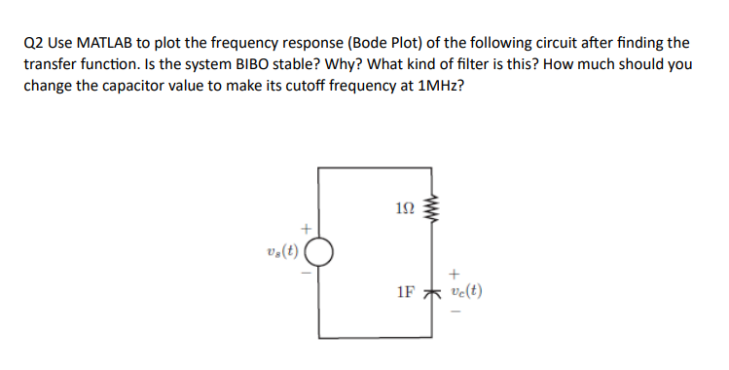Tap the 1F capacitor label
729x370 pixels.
[408, 291]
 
